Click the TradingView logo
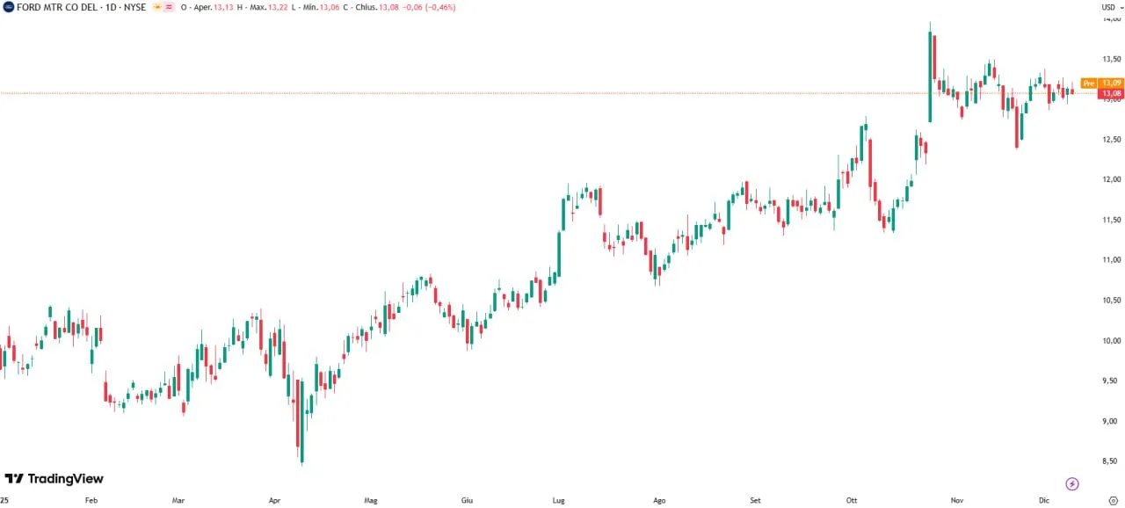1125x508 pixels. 54,478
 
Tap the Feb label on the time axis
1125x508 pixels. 91,500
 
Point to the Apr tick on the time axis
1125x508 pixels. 274,500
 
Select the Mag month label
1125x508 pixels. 371,500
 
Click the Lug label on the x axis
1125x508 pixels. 558,500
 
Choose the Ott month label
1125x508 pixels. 852,500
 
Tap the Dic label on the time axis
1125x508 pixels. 1044,500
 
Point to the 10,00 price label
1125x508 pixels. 1112,340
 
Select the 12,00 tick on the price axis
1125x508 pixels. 1112,179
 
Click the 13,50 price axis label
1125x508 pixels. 1112,59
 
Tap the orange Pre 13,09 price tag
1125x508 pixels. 1102,83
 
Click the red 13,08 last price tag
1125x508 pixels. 1111,93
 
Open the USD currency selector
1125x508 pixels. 1112,7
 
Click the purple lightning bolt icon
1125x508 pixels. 1072,483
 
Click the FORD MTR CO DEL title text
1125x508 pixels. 56,7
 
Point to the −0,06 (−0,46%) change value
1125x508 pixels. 429,7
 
